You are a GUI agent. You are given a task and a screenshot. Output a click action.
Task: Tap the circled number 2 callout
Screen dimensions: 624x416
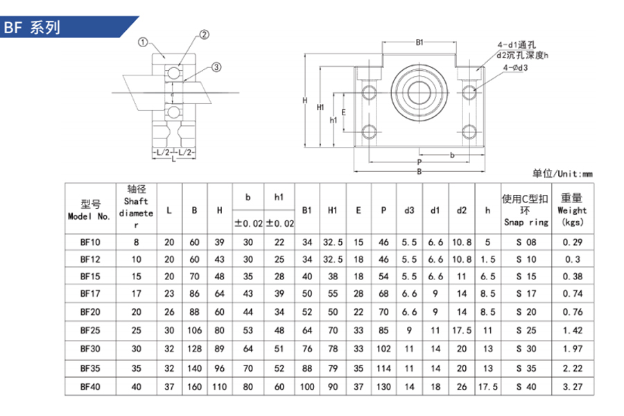(204, 35)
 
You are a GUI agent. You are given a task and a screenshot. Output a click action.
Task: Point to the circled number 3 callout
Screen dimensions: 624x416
(216, 67)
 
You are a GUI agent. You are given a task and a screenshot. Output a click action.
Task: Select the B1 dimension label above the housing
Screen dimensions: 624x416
(419, 42)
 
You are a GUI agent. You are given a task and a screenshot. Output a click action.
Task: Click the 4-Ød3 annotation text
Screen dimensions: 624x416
(515, 68)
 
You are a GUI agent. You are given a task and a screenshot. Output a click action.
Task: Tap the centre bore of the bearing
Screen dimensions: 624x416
(419, 92)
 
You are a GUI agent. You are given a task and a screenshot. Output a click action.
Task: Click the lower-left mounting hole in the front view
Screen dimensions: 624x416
(370, 132)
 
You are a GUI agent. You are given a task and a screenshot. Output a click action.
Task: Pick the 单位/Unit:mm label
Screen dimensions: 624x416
(562, 173)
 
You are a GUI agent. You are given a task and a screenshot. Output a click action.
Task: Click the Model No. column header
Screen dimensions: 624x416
(89, 210)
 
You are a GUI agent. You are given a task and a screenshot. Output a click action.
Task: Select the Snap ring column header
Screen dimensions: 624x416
(526, 210)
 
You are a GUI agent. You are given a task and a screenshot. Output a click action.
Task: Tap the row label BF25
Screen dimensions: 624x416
(90, 331)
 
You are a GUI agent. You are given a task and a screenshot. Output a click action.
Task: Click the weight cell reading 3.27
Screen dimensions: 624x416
(572, 387)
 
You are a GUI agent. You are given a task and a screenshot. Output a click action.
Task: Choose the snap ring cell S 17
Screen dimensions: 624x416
(526, 294)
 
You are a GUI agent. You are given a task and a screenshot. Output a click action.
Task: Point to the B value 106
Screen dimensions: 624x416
(195, 331)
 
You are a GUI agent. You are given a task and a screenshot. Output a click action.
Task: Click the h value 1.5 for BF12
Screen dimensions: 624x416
(487, 259)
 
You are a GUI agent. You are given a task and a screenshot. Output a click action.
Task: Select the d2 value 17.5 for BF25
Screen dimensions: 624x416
(462, 331)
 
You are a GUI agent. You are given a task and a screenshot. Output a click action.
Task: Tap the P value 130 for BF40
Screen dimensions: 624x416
(383, 387)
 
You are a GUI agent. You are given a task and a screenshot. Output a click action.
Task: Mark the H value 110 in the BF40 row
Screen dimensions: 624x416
(219, 387)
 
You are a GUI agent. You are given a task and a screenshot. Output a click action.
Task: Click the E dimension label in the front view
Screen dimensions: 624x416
(343, 112)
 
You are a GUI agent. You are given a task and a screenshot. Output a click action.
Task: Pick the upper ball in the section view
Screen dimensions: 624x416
(173, 73)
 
